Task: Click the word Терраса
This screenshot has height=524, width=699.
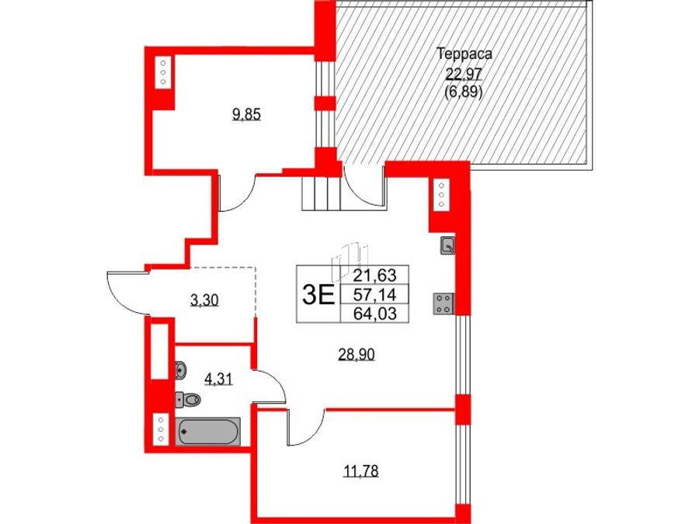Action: [x=464, y=54]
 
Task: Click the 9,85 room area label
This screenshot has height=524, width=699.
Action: [x=246, y=115]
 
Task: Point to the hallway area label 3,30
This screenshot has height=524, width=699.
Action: [x=204, y=300]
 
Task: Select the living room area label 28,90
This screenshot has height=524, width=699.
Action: [x=356, y=355]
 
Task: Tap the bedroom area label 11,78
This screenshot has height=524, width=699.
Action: [x=361, y=470]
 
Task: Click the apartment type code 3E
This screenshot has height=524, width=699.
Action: [x=318, y=294]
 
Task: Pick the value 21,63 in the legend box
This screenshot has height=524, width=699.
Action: [x=374, y=275]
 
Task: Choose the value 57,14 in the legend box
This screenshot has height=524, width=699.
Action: [x=374, y=294]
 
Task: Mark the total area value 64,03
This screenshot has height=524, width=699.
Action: [x=374, y=314]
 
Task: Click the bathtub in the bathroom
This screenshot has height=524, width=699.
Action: [x=208, y=431]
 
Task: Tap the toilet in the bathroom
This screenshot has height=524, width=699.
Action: [x=188, y=399]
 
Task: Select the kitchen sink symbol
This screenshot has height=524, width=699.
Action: [x=447, y=245]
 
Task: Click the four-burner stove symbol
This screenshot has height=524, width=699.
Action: [x=443, y=304]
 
